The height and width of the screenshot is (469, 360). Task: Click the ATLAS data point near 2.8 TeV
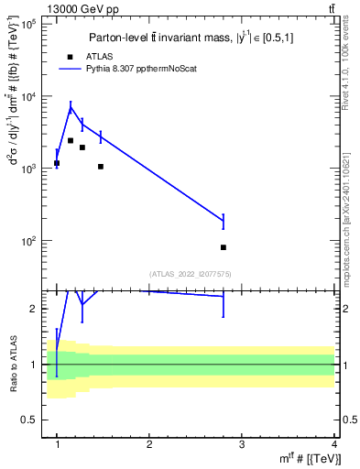224,247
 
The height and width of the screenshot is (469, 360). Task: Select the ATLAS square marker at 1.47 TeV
100,167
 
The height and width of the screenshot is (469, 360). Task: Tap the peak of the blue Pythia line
71,107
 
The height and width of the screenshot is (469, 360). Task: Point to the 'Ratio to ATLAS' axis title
12,364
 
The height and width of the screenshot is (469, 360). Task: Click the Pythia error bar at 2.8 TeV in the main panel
224,221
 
